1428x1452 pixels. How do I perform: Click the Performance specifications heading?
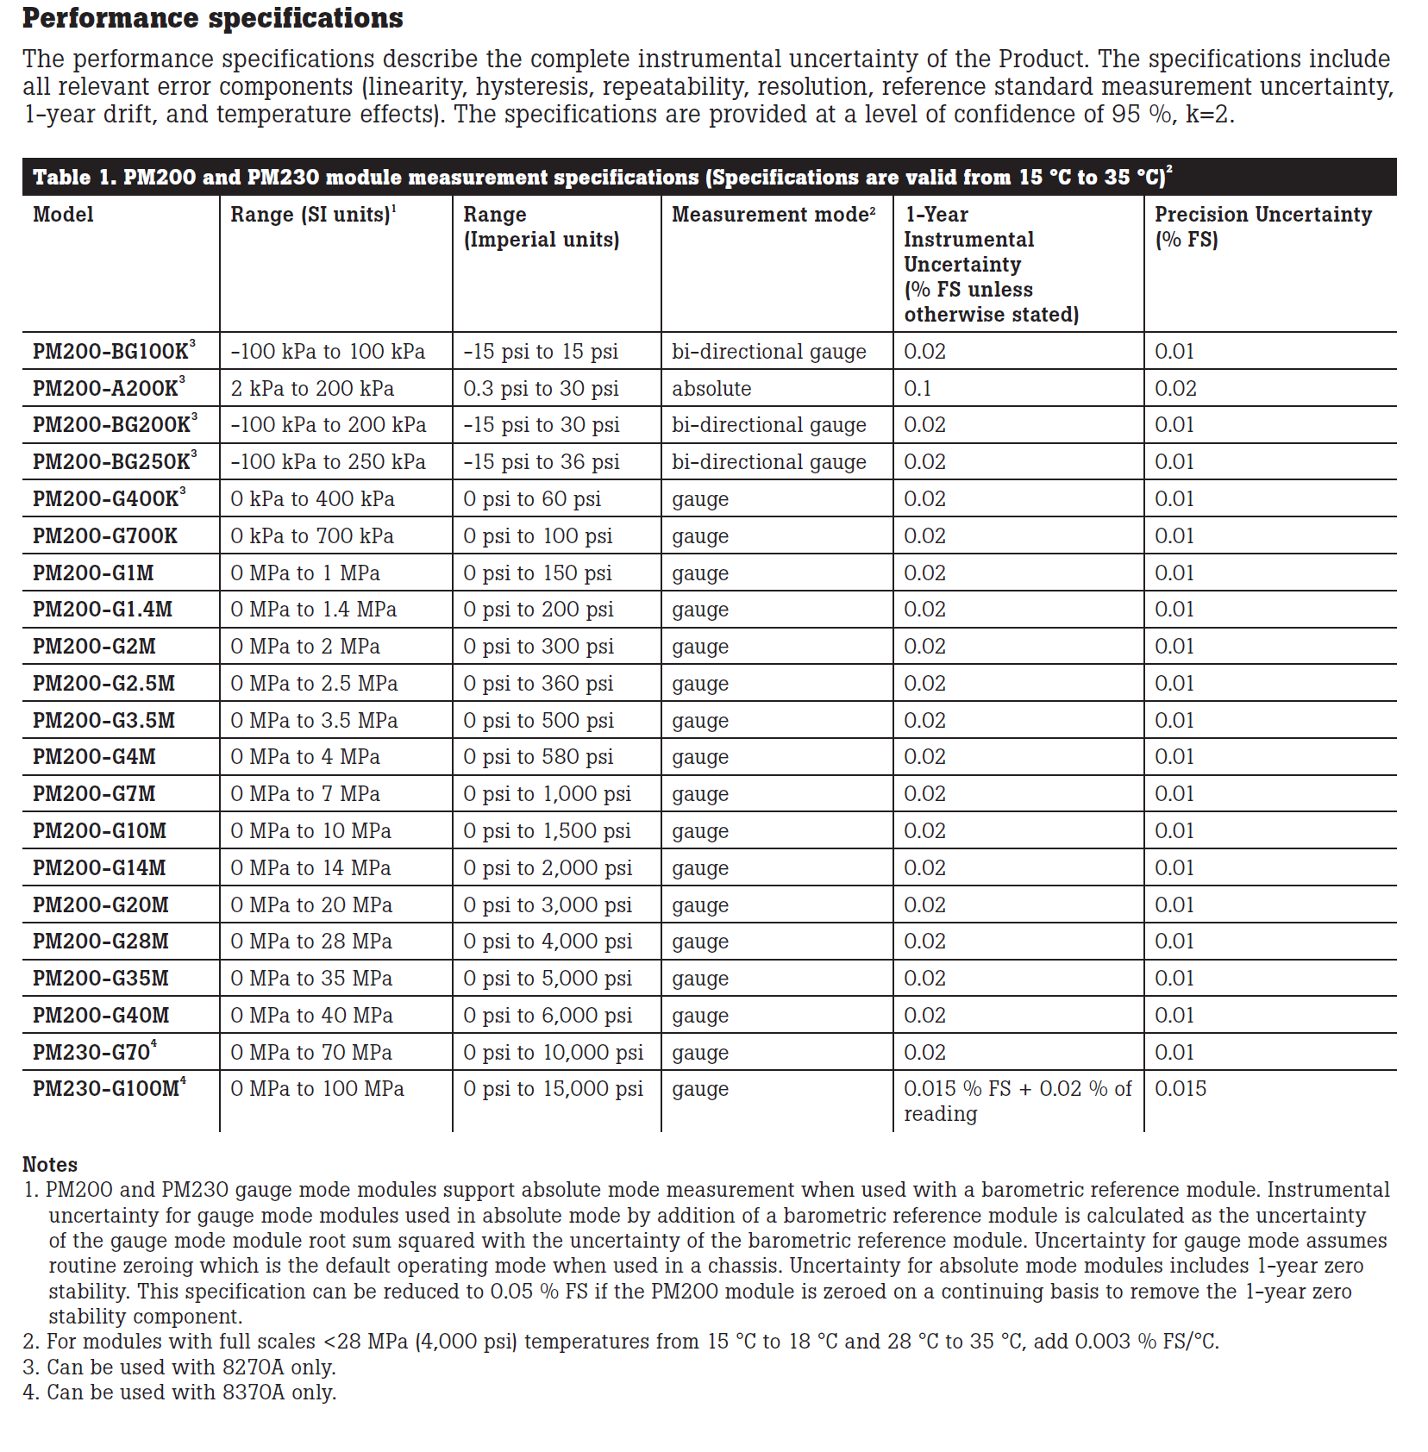tap(212, 18)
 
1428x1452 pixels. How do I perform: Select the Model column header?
tap(63, 215)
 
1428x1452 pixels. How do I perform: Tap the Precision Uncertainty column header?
tap(1262, 226)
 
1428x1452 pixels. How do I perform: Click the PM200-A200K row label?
tap(105, 389)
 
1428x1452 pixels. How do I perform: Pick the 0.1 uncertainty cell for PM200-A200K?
tap(918, 389)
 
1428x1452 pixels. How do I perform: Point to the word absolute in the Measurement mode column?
tap(711, 389)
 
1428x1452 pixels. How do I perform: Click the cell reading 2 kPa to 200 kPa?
tap(312, 389)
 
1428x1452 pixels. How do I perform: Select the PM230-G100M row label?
tap(106, 1089)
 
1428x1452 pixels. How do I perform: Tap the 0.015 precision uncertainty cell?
tap(1181, 1089)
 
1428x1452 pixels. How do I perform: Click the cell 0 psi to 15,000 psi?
tap(553, 1089)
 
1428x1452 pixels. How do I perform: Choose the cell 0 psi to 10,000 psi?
tap(553, 1053)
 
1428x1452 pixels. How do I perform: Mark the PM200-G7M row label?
tap(94, 794)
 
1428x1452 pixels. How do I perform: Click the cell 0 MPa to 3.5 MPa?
tap(314, 721)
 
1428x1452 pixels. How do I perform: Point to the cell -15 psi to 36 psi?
tap(542, 462)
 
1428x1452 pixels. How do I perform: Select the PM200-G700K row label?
tap(105, 536)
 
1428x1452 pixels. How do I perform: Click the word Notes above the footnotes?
tap(50, 1165)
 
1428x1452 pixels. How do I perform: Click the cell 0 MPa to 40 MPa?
tap(311, 1016)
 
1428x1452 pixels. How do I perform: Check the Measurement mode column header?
tap(773, 215)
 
